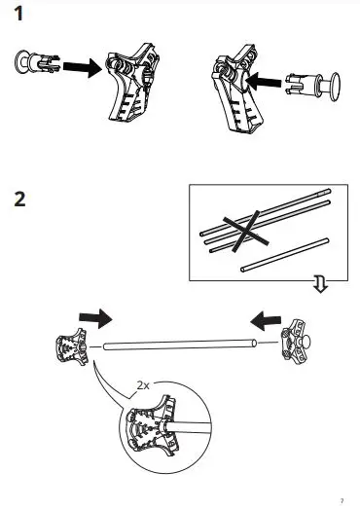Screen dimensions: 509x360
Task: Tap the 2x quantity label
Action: [x=142, y=385]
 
